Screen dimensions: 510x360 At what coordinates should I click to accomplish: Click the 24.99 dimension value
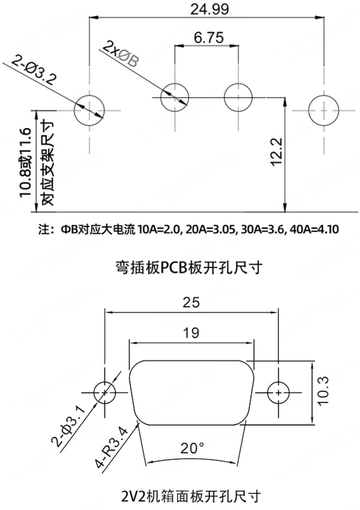[x=205, y=9]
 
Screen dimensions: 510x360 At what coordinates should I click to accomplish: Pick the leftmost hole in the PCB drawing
[x=90, y=110]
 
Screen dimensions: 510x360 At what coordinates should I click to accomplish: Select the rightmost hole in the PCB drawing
[x=324, y=110]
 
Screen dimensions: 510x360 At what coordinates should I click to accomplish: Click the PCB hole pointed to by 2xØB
[x=174, y=97]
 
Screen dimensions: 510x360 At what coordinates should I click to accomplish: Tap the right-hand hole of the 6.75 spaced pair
[x=238, y=97]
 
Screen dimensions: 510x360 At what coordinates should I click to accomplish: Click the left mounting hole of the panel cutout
[x=105, y=392]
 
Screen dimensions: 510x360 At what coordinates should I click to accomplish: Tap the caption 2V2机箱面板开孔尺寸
[x=190, y=496]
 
